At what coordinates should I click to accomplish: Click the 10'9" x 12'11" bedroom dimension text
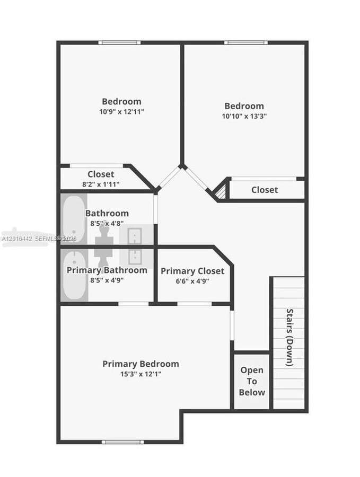click(121, 112)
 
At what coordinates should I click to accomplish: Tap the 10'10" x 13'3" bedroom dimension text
click(244, 116)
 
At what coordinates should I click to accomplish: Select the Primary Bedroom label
click(141, 364)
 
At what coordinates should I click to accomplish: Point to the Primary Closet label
click(192, 271)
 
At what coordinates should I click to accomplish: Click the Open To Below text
click(252, 381)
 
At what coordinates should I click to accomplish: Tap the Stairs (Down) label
click(289, 338)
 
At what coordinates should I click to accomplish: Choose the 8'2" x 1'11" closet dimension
click(101, 184)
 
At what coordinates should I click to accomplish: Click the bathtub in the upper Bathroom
click(74, 219)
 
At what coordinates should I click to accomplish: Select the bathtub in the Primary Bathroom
click(75, 276)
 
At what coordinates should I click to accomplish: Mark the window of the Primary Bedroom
click(122, 441)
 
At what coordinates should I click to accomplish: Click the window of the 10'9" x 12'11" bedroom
click(120, 42)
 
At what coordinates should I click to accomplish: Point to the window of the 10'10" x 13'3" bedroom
click(246, 42)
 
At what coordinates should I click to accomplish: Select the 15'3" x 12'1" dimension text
click(141, 374)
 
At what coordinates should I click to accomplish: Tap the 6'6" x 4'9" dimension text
click(192, 281)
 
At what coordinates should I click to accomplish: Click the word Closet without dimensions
click(265, 190)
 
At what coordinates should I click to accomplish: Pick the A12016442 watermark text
click(17, 239)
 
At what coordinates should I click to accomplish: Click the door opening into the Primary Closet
click(195, 304)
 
